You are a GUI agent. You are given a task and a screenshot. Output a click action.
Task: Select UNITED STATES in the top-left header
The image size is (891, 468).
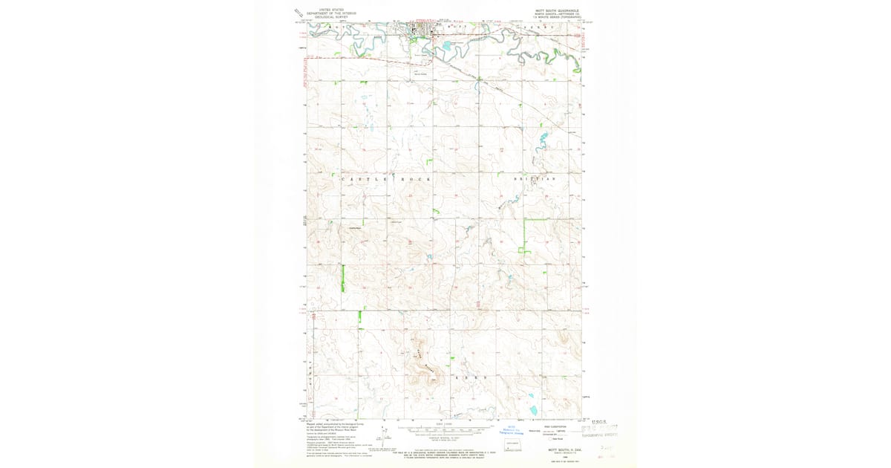(x=333, y=10)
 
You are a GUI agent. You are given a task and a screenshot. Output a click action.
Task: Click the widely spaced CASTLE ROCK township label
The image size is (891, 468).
(x=385, y=180)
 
